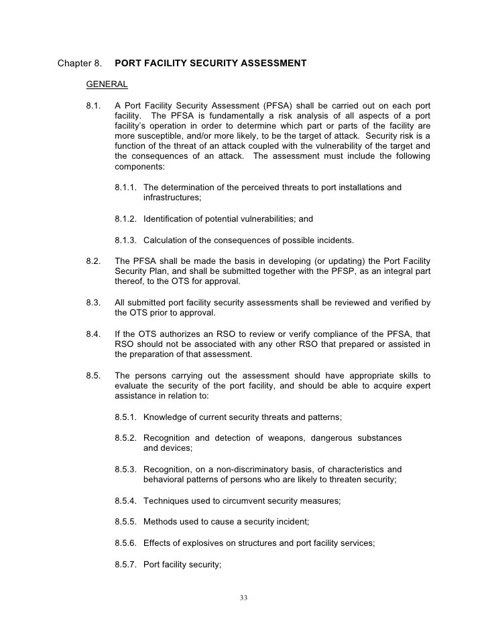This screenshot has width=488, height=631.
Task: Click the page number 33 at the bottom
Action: [244, 598]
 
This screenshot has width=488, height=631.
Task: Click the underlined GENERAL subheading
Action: [107, 84]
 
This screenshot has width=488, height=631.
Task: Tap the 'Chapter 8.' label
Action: [80, 64]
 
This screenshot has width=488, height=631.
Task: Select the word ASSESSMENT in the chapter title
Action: [272, 64]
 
